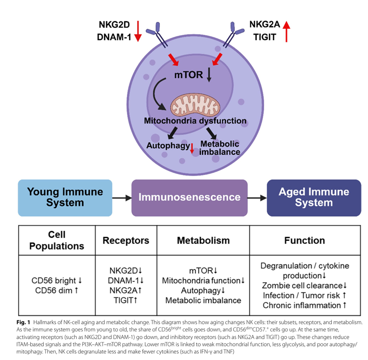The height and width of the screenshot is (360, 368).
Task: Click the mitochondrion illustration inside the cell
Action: click(195, 105)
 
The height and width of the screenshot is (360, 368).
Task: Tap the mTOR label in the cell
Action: click(188, 75)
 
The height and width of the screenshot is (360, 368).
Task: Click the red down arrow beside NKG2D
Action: click(138, 31)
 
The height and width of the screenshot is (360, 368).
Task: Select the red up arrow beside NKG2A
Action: click(286, 31)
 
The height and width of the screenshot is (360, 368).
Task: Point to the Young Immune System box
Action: click(65, 198)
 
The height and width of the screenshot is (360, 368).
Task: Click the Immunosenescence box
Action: click(189, 198)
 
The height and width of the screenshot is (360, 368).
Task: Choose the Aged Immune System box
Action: click(314, 198)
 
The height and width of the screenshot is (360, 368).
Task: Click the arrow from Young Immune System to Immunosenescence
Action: click(122, 198)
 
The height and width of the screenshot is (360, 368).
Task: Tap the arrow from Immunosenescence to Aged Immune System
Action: click(257, 198)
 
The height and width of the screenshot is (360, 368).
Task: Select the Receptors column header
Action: click(126, 241)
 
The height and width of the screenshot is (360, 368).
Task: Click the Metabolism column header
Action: click(203, 241)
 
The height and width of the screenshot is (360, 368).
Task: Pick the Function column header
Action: click(305, 241)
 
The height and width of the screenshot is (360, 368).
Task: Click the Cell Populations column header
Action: click(57, 240)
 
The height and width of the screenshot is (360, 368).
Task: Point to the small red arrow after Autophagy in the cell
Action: click(192, 148)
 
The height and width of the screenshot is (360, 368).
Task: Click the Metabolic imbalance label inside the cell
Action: click(220, 148)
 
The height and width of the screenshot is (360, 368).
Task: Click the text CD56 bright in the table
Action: click(54, 281)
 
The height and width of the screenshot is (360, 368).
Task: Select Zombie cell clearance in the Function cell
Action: click(302, 286)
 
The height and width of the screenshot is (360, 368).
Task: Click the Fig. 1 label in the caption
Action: click(23, 322)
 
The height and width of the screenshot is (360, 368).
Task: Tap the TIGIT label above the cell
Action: click(265, 37)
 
